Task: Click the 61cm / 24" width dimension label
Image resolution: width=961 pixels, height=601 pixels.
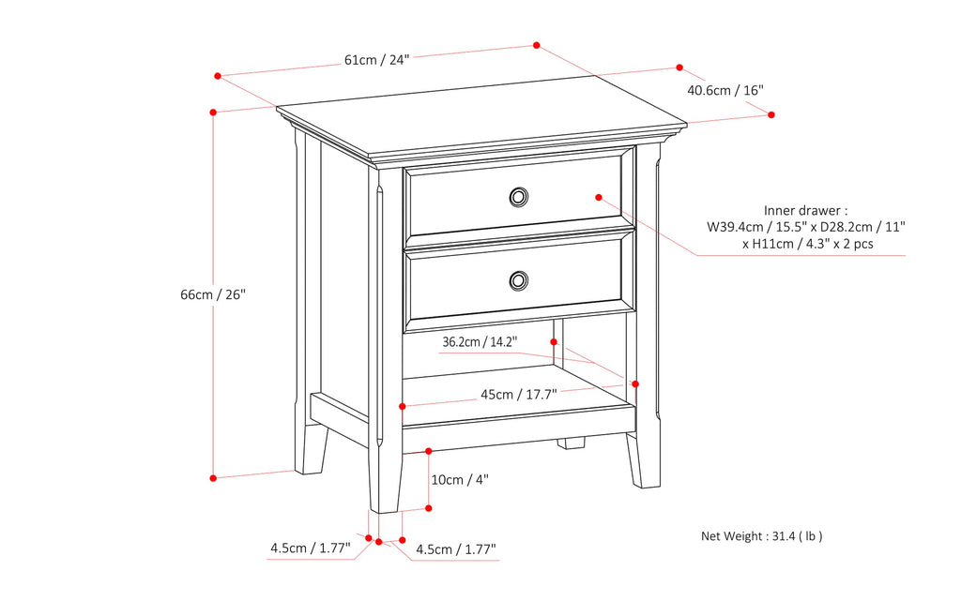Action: coord(377,60)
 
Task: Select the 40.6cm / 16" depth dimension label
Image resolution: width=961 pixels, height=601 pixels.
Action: coord(725,91)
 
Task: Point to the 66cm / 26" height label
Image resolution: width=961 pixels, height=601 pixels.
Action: coord(213,294)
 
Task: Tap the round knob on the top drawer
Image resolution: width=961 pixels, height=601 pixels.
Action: coord(518,196)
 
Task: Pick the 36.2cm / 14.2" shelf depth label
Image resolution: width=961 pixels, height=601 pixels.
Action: coord(480,342)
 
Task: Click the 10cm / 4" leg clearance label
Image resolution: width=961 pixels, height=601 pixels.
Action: coord(460,479)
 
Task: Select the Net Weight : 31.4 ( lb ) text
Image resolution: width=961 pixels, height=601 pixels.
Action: coord(762,536)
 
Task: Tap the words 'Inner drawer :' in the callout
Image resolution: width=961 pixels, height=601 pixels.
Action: coord(805,211)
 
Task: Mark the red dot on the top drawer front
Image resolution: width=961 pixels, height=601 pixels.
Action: coord(597,197)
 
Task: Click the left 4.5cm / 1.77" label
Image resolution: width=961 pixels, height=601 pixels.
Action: coord(310,548)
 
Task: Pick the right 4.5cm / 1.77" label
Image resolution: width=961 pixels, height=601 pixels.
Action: coord(456,548)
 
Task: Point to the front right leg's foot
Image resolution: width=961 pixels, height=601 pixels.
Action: coord(644,480)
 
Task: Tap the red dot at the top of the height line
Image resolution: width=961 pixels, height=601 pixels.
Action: coord(214,112)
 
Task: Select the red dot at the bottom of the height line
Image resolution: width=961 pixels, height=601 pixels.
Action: coord(214,478)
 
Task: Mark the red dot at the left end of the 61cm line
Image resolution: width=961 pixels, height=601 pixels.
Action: coord(217,75)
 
